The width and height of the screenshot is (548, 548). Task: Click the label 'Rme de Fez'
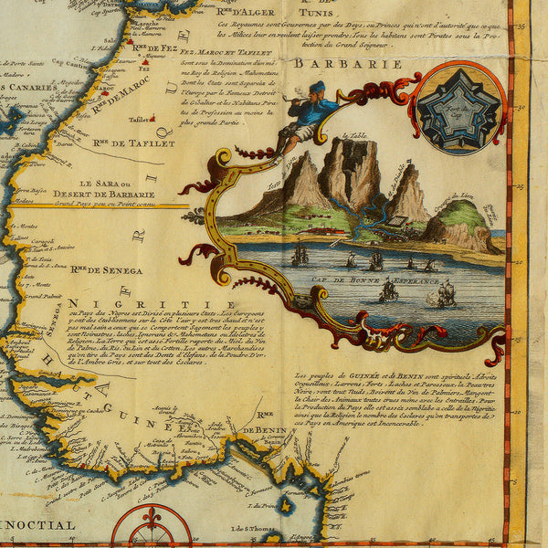[x=153, y=47]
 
